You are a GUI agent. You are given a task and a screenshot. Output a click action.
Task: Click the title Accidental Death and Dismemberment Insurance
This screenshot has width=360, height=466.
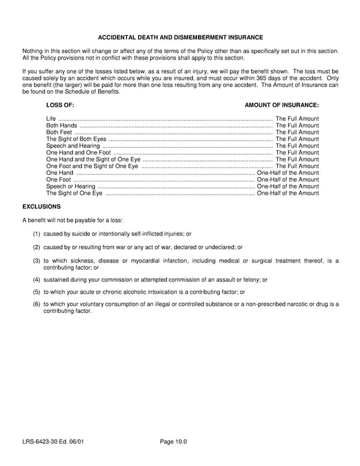point(180,37)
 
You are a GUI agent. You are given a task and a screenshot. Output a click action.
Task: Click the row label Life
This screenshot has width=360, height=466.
point(51,119)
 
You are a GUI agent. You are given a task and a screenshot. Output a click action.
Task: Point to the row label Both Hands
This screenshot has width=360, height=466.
point(61,126)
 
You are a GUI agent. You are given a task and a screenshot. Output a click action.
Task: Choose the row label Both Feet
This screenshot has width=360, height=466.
point(59,132)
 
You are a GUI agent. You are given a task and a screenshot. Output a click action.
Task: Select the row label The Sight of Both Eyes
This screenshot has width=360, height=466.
point(76,139)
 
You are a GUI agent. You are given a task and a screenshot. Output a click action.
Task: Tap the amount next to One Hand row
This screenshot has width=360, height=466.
point(288,173)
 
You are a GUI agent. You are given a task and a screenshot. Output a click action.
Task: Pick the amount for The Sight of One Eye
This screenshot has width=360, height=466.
point(288,193)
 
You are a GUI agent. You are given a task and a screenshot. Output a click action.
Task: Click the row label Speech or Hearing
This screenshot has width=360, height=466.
point(71,187)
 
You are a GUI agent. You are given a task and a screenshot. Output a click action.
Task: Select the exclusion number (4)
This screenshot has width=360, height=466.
point(37,279)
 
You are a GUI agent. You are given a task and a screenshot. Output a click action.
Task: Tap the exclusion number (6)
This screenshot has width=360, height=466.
point(37,304)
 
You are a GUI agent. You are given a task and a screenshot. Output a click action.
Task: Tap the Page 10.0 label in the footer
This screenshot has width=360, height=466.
point(173,442)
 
